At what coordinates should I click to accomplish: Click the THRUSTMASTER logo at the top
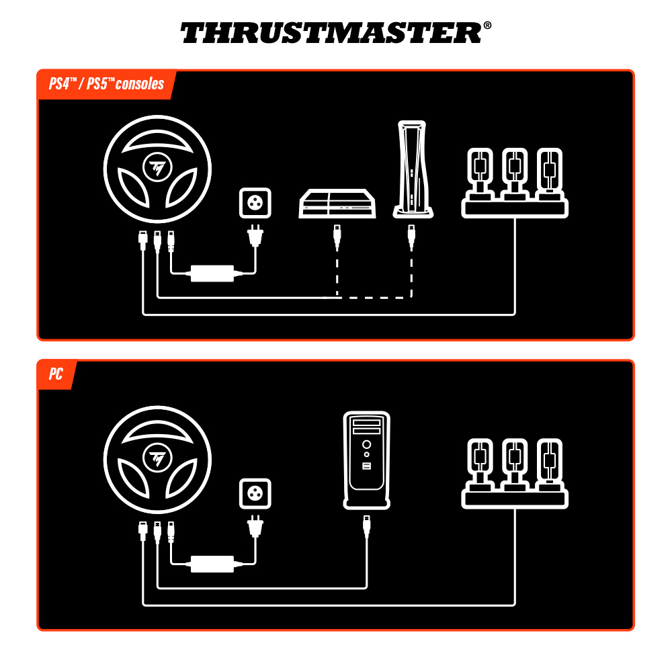[x=331, y=32]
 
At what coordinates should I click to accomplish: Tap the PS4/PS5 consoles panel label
[x=106, y=84]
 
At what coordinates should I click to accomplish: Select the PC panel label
[x=56, y=374]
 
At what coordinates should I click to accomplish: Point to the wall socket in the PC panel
[x=255, y=495]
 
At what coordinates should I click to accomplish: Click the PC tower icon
[x=366, y=460]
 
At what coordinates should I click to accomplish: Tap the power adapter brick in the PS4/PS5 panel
[x=212, y=273]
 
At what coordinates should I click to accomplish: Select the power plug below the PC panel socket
[x=255, y=526]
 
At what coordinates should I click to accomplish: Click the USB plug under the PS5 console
[x=411, y=237]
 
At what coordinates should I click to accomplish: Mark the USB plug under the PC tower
[x=366, y=526]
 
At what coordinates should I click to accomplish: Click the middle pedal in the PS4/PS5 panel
[x=515, y=173]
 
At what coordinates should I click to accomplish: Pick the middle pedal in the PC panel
[x=515, y=463]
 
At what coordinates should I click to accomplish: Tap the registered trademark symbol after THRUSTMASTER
[x=487, y=26]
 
